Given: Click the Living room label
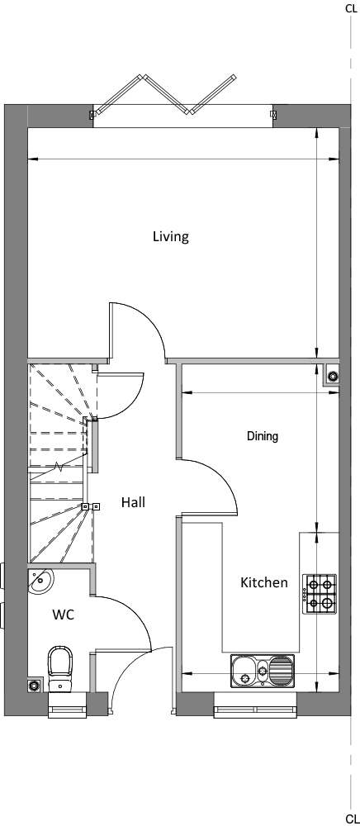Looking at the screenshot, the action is coord(171,236).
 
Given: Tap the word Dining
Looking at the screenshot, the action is coord(263,436).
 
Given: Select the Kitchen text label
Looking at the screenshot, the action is coord(264,582).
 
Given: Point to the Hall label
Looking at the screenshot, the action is coord(133,502).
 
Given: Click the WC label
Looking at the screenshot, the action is coord(63,615).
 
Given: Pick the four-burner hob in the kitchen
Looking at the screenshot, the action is coord(320,594).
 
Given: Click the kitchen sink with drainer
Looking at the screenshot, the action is coord(263,671).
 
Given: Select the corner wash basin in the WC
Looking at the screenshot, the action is coord(39,581).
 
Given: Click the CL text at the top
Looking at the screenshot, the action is coord(351,8).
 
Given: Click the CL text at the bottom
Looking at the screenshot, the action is coord(352,819).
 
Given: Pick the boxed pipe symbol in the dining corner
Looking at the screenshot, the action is coord(333,376).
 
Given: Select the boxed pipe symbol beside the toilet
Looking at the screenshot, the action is coord(35,686).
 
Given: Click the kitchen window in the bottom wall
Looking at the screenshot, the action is coord(255,705).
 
